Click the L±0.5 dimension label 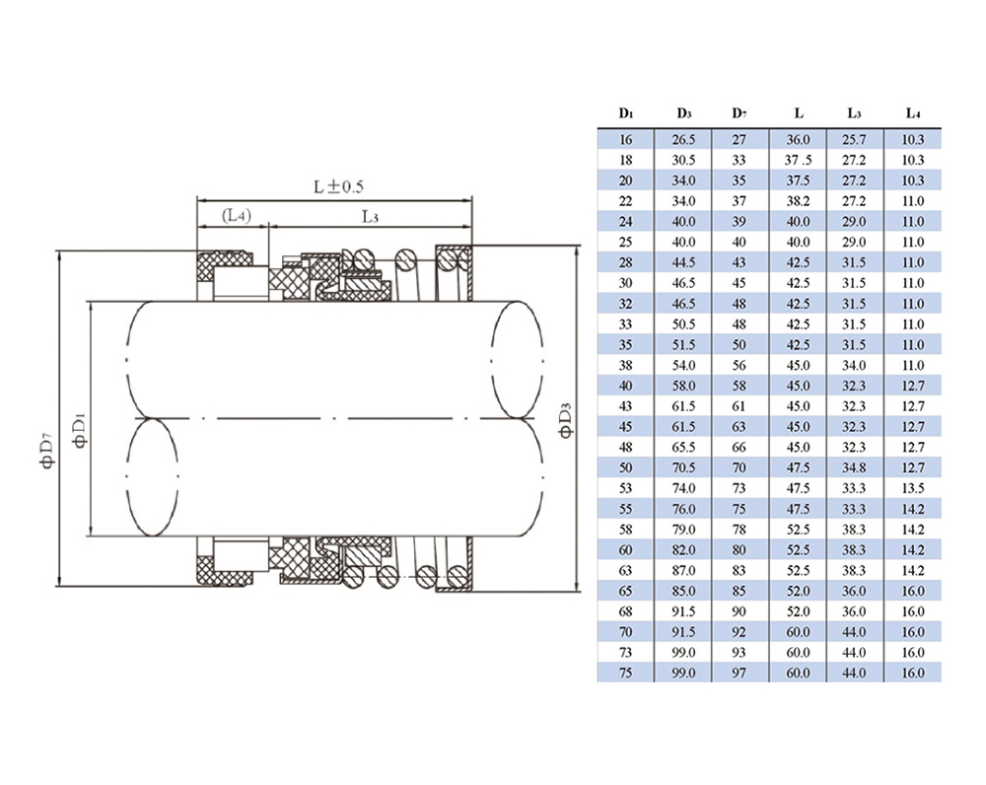[338, 186]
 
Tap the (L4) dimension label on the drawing [237, 216]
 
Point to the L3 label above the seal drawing [370, 217]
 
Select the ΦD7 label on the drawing [47, 451]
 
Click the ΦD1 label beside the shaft [80, 431]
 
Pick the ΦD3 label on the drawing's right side [565, 419]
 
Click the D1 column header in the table [626, 113]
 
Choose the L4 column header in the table [913, 113]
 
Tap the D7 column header [739, 113]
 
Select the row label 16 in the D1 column [626, 140]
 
